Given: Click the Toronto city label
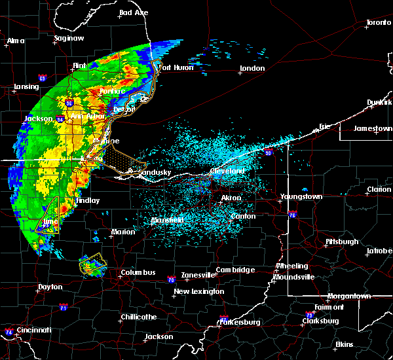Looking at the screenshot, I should point(378,23).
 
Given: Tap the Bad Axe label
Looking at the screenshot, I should point(134,13).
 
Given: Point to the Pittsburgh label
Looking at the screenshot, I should point(342,242).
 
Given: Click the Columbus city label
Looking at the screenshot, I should point(138,273).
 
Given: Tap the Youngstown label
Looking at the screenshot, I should point(301,196).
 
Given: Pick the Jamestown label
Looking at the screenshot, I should point(373,129).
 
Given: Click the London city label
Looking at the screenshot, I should point(252,69).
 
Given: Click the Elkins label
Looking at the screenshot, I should point(344,344).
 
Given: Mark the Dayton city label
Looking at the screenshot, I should point(50,287).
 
